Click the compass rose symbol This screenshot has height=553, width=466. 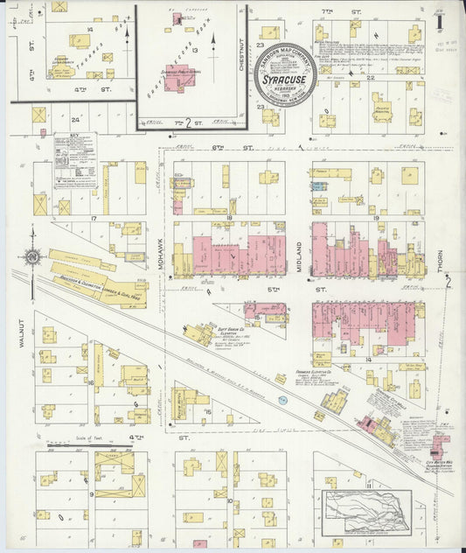click(x=33, y=256)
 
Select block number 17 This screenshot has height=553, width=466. click(x=91, y=216)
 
